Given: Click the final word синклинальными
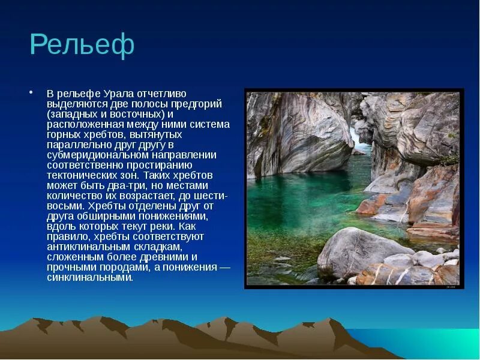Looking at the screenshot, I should point(90,277).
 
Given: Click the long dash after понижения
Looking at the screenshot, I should point(224,267).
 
